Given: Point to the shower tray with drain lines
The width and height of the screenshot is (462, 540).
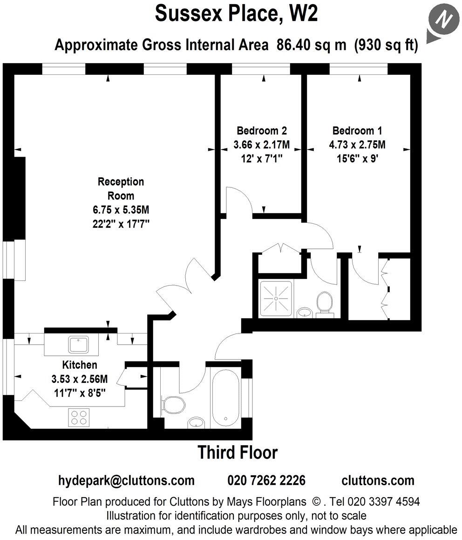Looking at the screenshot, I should coord(276,298).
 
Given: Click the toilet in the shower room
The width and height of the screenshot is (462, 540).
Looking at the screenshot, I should coord(324,303).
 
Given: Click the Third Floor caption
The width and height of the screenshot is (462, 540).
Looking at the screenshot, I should coord(238,452).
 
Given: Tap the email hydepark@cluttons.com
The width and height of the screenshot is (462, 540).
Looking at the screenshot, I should coord(126,480).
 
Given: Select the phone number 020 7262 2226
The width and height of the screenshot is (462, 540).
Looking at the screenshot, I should coord(266,480).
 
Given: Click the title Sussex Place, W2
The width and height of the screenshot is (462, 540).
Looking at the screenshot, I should coord(236,14).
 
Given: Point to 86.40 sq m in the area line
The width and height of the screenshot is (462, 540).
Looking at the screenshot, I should coord(311,45).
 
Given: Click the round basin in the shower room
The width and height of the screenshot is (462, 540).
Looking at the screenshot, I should coord(304,312).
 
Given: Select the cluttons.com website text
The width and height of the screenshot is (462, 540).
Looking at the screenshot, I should coord(378,480).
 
